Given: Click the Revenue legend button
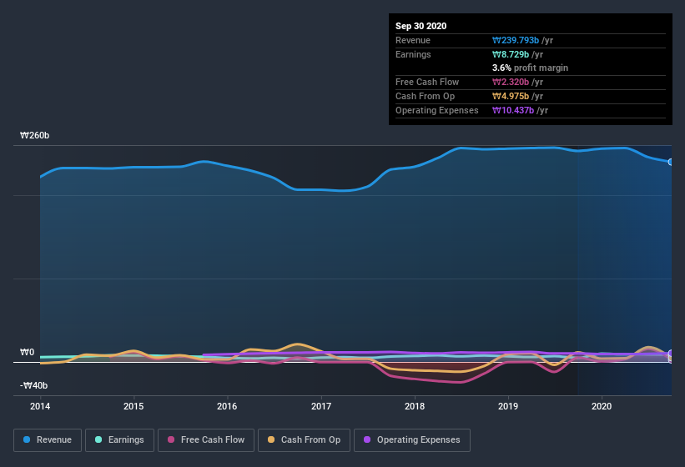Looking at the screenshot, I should pyautogui.click(x=48, y=439).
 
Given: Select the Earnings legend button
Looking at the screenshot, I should pyautogui.click(x=119, y=439).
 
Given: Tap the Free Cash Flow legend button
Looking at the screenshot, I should pyautogui.click(x=206, y=439).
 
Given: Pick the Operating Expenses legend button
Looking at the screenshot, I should pyautogui.click(x=412, y=439).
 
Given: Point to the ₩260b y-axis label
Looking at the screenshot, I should pyautogui.click(x=34, y=135).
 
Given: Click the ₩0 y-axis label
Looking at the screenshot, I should pyautogui.click(x=28, y=352).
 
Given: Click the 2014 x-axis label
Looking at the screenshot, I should pyautogui.click(x=40, y=407).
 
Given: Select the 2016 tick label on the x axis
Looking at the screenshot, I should pyautogui.click(x=227, y=407).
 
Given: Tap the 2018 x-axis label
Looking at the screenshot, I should pyautogui.click(x=415, y=407).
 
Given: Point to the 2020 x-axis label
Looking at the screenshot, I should pyautogui.click(x=602, y=407).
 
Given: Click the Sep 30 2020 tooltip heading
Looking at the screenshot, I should pyautogui.click(x=421, y=26).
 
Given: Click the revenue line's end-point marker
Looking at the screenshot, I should pyautogui.click(x=671, y=162).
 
